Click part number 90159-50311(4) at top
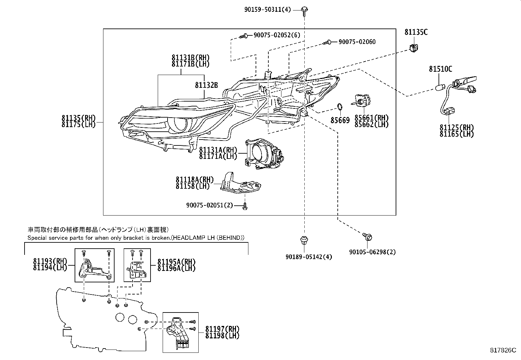point(267,10)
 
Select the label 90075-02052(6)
point(277,35)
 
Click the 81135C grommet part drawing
point(414,47)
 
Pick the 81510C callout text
point(440,69)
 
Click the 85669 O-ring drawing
point(340,107)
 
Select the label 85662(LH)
point(371,125)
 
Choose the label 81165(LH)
point(457,134)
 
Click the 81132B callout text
point(206,85)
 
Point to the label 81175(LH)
point(78,125)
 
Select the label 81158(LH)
point(192,186)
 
